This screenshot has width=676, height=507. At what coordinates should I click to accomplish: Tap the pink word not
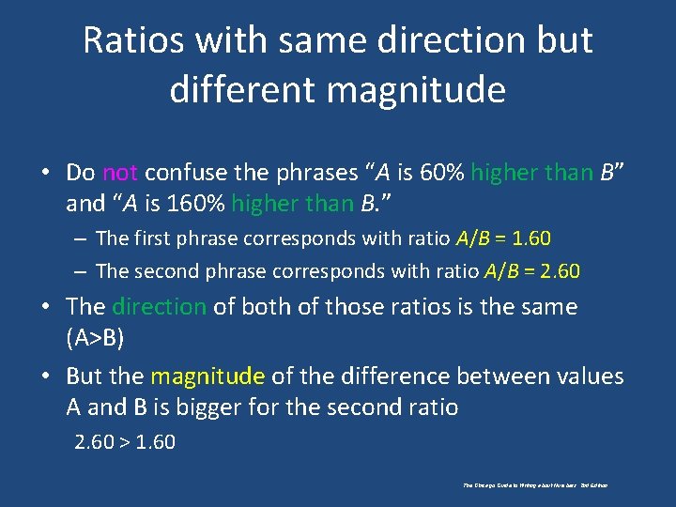click(120, 172)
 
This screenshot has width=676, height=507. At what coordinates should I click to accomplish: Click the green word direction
click(159, 307)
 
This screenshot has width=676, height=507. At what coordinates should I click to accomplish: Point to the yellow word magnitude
click(207, 376)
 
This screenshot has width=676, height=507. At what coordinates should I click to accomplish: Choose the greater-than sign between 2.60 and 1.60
click(124, 441)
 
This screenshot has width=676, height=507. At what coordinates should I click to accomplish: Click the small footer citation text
click(535, 485)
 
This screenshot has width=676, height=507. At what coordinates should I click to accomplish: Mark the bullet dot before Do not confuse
click(45, 173)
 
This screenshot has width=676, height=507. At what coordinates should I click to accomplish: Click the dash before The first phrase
click(82, 239)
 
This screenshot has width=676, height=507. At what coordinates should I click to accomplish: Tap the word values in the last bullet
click(589, 376)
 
